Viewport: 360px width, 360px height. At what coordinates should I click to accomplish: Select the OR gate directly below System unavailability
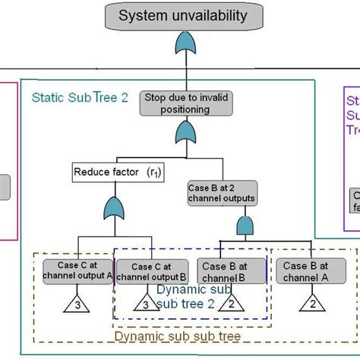(185, 46)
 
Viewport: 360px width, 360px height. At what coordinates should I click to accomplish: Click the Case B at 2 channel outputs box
(220, 191)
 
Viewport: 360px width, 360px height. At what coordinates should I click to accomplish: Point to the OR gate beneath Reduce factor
(113, 208)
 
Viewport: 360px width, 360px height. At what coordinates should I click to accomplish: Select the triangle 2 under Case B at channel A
(311, 305)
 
